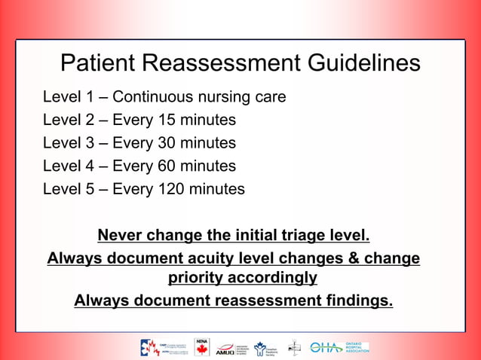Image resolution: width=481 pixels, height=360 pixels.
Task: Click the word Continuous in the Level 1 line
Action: (x=151, y=98)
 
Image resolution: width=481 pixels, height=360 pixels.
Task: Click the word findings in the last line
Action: (x=357, y=301)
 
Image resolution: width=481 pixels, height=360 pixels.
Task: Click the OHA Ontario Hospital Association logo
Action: (x=339, y=347)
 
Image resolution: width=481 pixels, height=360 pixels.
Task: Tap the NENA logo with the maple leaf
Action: (x=201, y=346)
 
